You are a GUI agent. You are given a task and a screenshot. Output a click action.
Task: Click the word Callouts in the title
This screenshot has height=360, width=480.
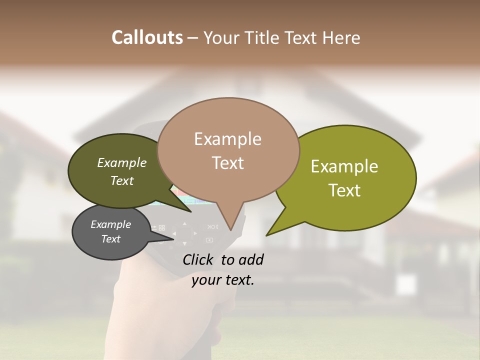(x=147, y=37)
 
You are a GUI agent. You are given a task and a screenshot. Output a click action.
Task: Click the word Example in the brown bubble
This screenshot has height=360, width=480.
(x=227, y=139)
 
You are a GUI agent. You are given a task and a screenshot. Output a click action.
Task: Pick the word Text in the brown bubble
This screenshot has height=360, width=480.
(x=227, y=163)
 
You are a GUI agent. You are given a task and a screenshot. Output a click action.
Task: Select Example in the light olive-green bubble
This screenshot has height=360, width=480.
(x=344, y=166)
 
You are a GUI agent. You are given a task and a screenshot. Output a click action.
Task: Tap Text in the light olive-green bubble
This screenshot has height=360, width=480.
(x=344, y=190)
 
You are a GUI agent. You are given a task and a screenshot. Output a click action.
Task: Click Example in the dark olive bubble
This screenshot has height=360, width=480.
(x=121, y=163)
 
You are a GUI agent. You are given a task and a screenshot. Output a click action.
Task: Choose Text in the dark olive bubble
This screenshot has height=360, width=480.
(x=121, y=180)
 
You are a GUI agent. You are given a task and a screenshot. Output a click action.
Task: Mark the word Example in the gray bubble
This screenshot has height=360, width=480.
(x=110, y=224)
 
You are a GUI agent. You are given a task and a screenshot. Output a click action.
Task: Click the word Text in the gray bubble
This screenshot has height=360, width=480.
(x=110, y=239)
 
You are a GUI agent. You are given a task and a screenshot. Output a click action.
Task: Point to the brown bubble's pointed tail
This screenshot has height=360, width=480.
(x=230, y=225)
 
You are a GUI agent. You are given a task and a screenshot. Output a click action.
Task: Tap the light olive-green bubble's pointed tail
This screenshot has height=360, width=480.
(x=272, y=230)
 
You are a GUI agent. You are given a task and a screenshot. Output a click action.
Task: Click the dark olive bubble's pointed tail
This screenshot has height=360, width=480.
(x=185, y=207)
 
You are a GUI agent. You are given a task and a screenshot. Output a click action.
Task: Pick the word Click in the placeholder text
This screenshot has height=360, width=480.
(x=200, y=259)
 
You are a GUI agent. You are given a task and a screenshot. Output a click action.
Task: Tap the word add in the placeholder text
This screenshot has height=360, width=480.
(x=251, y=259)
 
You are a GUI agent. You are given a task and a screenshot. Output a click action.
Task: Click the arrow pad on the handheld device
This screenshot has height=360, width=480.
(x=184, y=233)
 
